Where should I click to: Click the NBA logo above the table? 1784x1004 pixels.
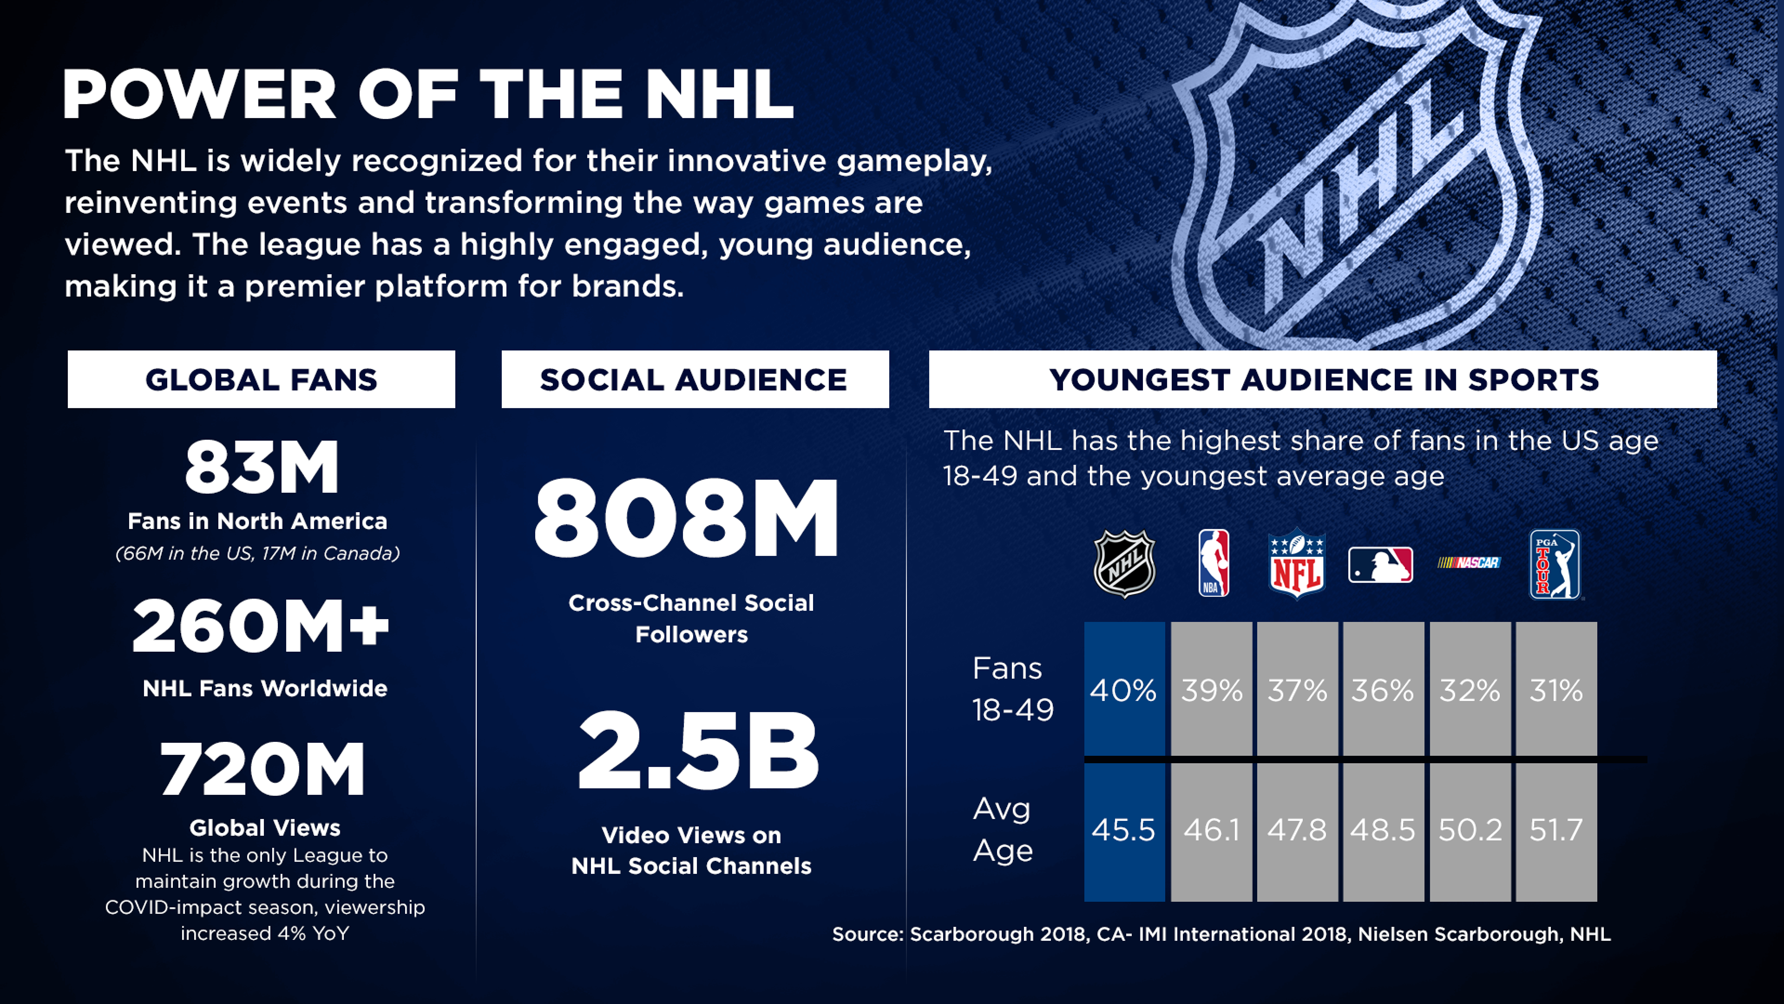(x=1213, y=563)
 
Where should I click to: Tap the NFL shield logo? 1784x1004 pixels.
(x=1297, y=564)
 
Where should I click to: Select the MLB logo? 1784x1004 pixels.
(x=1380, y=565)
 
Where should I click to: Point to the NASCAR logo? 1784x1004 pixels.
(x=1469, y=562)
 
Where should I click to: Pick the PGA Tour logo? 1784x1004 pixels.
(x=1555, y=564)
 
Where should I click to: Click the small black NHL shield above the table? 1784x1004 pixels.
(x=1124, y=563)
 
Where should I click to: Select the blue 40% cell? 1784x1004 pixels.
(x=1124, y=689)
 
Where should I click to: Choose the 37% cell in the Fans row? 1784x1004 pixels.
(x=1297, y=689)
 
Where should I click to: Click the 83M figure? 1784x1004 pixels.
(x=262, y=468)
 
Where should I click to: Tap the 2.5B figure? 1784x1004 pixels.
(x=698, y=751)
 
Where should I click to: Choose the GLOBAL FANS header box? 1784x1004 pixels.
(x=261, y=379)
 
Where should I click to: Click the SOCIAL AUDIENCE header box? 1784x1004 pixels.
(x=695, y=379)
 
